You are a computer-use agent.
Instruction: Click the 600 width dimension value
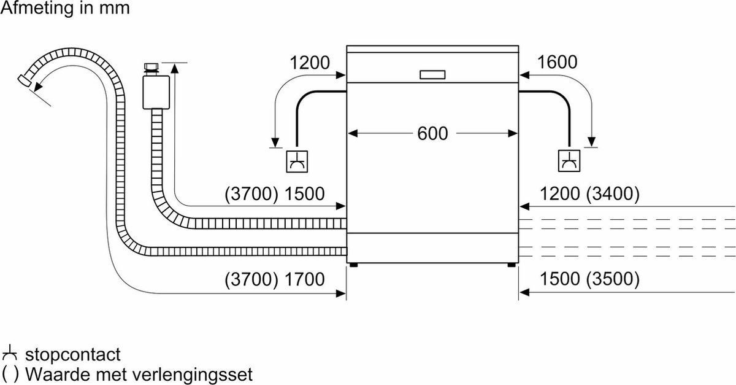click(x=433, y=133)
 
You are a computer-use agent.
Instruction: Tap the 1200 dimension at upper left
click(x=309, y=63)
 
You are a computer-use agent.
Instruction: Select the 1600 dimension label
click(x=557, y=63)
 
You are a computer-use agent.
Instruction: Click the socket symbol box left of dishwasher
click(x=297, y=161)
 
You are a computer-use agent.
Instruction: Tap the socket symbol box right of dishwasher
click(x=569, y=161)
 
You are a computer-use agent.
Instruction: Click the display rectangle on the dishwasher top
click(x=433, y=74)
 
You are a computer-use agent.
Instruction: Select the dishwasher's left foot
click(x=353, y=265)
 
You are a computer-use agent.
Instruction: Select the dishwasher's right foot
click(x=512, y=265)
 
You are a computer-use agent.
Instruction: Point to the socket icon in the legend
click(x=9, y=354)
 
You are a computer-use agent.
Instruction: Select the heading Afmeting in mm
click(x=65, y=10)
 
